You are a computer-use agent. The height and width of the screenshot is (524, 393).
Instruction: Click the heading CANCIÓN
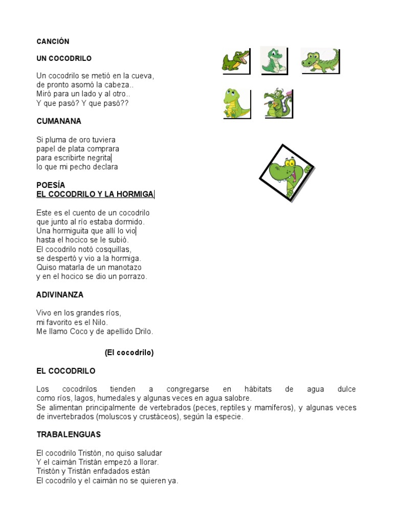pyautogui.click(x=53, y=41)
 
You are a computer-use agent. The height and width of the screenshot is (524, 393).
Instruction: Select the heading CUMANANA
pyautogui.click(x=59, y=121)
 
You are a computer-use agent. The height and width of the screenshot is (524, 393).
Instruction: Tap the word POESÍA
pyautogui.click(x=51, y=185)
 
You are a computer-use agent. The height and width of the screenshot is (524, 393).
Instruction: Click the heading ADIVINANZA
pyautogui.click(x=60, y=295)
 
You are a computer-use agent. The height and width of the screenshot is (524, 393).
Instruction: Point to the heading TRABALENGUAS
pyautogui.click(x=69, y=434)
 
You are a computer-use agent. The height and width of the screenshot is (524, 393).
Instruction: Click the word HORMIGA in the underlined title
pyautogui.click(x=135, y=194)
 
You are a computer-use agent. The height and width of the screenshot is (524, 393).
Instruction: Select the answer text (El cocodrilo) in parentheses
pyautogui.click(x=129, y=353)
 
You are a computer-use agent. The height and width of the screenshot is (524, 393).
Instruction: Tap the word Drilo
pyautogui.click(x=143, y=331)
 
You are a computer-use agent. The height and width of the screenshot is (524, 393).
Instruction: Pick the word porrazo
pyautogui.click(x=133, y=276)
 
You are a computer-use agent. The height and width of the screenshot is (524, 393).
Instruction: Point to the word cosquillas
pyautogui.click(x=114, y=249)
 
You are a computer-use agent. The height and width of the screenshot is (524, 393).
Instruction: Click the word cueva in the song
pyautogui.click(x=142, y=76)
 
